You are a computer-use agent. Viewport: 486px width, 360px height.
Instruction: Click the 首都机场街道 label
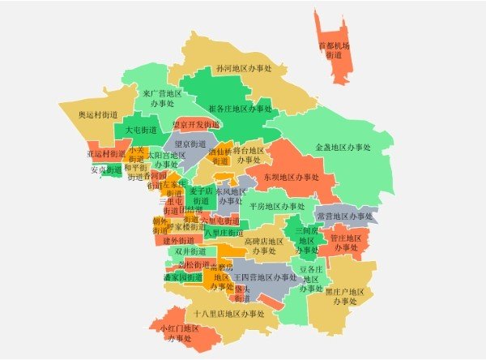click(334, 51)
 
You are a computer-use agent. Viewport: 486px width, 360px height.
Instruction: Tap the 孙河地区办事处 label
click(243, 69)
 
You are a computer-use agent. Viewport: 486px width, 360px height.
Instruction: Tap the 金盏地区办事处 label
click(343, 148)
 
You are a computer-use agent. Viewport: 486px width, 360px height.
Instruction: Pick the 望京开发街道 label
click(196, 125)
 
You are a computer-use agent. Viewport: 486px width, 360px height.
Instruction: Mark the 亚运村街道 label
click(106, 153)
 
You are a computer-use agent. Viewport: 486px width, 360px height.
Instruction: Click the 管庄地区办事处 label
click(346, 242)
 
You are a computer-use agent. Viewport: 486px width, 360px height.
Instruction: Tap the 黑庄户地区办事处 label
click(346, 296)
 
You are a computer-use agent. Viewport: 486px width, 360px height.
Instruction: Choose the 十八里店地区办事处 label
click(229, 313)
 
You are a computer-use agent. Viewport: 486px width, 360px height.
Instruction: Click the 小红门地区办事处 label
click(179, 332)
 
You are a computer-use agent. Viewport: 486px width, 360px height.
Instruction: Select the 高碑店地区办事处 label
click(264, 246)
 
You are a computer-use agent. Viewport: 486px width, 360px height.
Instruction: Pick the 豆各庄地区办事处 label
click(312, 277)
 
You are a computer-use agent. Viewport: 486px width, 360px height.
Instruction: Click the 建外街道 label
click(179, 240)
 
